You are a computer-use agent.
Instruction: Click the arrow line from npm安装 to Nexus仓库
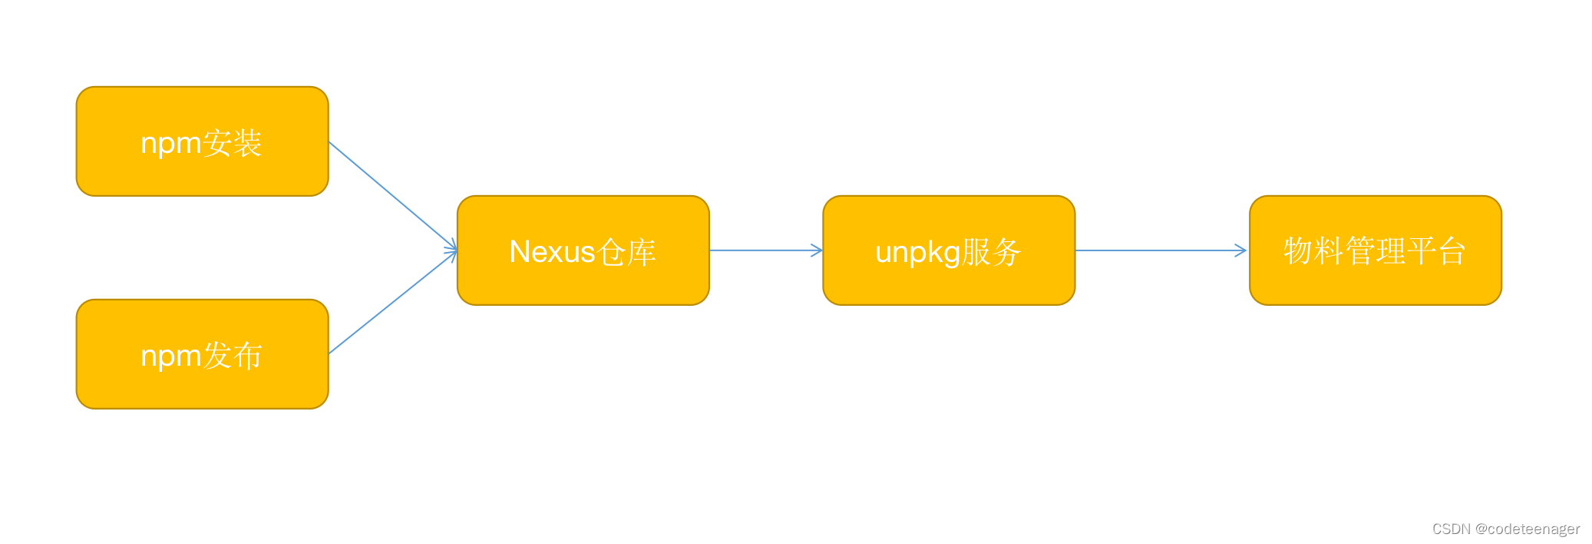coord(391,195)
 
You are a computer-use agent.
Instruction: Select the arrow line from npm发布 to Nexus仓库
coord(391,304)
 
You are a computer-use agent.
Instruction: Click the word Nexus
coord(552,252)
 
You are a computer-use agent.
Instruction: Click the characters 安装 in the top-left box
coord(233,143)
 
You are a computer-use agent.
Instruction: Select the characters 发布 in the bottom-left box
coord(233,356)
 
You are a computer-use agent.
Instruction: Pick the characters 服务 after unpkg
coord(991,252)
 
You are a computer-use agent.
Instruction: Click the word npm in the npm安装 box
coord(170,144)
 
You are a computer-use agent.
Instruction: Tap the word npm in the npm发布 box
coord(170,357)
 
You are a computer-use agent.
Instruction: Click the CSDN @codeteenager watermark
coord(1505,529)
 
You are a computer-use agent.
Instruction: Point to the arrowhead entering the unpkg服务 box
coord(817,250)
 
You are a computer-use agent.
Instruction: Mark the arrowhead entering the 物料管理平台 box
coord(1240,250)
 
